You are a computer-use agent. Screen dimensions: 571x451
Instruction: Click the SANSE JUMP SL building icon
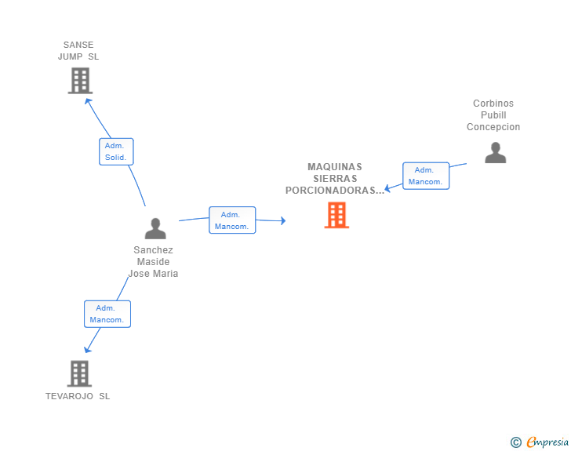click(80, 81)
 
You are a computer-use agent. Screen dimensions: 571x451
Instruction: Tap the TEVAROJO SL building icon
click(79, 373)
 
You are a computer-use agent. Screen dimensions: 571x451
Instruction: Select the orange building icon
click(336, 215)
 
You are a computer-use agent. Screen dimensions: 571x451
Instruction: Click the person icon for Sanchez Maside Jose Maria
click(155, 228)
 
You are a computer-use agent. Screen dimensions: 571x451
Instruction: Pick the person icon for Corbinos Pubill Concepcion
click(496, 153)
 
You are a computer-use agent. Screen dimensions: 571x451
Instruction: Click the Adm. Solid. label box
click(116, 151)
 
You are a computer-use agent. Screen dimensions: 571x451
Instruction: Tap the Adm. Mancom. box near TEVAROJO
click(107, 314)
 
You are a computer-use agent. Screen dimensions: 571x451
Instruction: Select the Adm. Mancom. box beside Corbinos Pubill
click(426, 176)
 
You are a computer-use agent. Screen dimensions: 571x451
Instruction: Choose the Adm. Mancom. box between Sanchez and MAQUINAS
click(232, 220)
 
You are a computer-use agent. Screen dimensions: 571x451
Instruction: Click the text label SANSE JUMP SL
click(78, 51)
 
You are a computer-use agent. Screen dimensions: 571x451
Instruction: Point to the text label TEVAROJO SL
click(78, 396)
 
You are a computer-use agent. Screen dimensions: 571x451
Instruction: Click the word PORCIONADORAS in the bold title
click(331, 190)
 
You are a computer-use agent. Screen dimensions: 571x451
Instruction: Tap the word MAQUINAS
click(335, 167)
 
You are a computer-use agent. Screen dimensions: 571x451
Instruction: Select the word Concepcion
click(493, 127)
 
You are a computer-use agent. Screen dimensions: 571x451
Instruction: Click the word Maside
click(153, 261)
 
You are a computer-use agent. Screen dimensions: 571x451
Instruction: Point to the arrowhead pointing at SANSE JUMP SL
click(87, 101)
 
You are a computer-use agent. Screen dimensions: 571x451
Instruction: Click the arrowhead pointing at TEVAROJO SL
click(87, 350)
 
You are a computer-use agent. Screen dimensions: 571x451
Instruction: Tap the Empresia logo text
click(547, 442)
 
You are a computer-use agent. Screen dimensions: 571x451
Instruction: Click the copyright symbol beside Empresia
click(516, 442)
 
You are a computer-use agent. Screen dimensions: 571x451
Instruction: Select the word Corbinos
click(493, 103)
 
